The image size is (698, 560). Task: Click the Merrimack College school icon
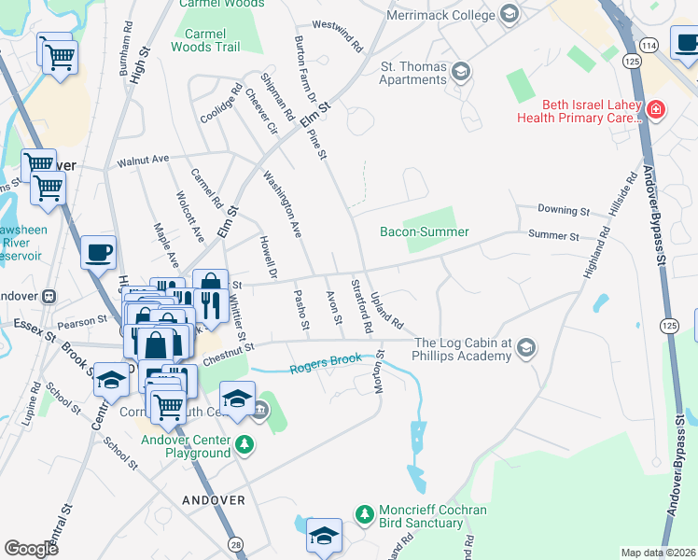pos(509,13)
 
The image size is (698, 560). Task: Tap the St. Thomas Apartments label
pos(413,73)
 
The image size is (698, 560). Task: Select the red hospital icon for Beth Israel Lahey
pos(656,111)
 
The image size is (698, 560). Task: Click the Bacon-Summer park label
pos(424,231)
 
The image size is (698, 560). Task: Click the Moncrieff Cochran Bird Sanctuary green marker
pos(365,512)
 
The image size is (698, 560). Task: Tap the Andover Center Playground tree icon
pos(244,444)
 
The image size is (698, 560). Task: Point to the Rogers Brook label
pos(326,366)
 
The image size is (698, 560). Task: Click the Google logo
pos(32,549)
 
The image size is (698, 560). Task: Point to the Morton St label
pos(381,371)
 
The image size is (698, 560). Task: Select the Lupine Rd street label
pos(34,399)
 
